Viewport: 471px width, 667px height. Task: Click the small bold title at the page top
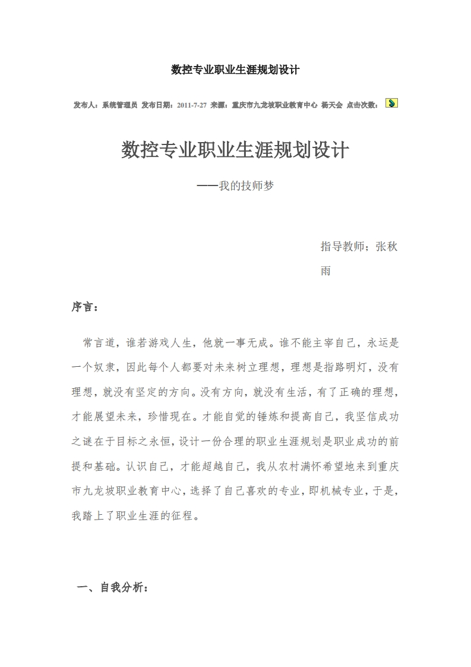(x=235, y=70)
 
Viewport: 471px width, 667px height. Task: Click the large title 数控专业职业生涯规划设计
(x=235, y=150)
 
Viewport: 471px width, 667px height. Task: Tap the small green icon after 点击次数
(x=391, y=103)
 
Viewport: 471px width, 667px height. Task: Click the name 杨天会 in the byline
(x=331, y=105)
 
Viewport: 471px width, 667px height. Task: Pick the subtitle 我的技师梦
(x=246, y=185)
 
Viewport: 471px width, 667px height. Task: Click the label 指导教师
(x=343, y=246)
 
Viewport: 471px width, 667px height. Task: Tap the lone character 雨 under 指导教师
(x=326, y=271)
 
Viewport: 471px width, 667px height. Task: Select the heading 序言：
(x=86, y=308)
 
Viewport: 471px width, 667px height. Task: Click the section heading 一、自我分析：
(x=113, y=588)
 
